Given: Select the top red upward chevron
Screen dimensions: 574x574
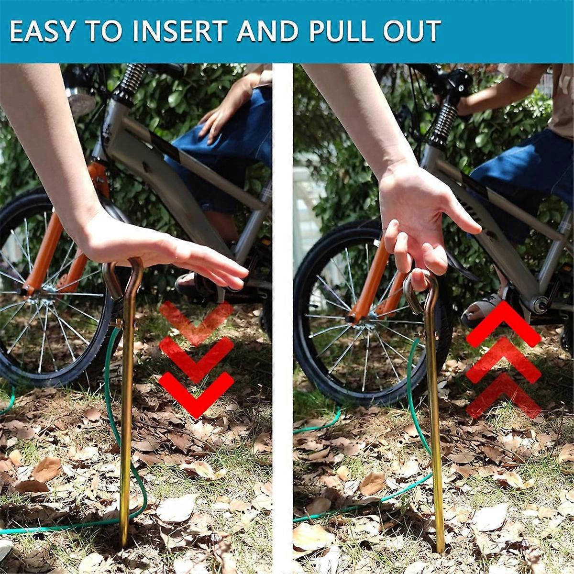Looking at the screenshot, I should tap(503, 325).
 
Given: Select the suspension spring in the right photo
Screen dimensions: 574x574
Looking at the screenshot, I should tap(444, 122).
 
